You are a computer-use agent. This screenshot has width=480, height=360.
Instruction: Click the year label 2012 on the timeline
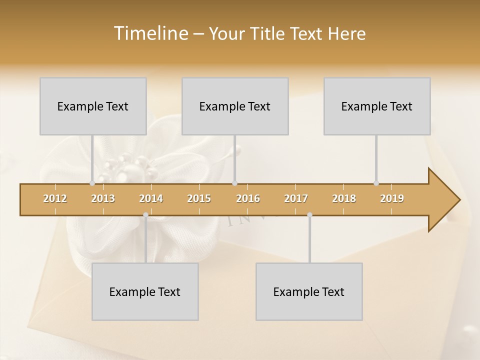(55, 198)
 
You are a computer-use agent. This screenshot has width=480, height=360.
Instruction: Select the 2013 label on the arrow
(103, 198)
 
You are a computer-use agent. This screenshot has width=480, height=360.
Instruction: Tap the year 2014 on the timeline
(151, 198)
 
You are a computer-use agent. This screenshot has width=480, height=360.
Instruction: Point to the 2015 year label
(199, 198)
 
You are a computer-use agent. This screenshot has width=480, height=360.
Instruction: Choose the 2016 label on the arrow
(248, 198)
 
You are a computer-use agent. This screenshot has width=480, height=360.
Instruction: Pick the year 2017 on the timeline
(296, 198)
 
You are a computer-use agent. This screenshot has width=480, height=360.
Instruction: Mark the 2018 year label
(344, 198)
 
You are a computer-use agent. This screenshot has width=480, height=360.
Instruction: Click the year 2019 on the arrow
(392, 198)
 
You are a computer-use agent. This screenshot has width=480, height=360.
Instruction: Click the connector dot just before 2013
(92, 183)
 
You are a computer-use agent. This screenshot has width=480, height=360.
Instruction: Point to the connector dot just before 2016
(235, 183)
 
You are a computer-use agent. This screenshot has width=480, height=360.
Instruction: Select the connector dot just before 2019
(376, 183)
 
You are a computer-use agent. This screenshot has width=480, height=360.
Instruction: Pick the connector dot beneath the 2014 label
(145, 215)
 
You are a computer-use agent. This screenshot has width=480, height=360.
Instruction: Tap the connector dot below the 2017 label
(310, 215)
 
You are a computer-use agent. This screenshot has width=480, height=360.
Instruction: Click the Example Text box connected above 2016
(235, 106)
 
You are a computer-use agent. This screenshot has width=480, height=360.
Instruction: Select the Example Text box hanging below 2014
(145, 291)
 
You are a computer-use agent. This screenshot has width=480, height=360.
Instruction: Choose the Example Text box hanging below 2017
(309, 291)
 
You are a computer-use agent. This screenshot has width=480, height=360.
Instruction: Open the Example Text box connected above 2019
(377, 106)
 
